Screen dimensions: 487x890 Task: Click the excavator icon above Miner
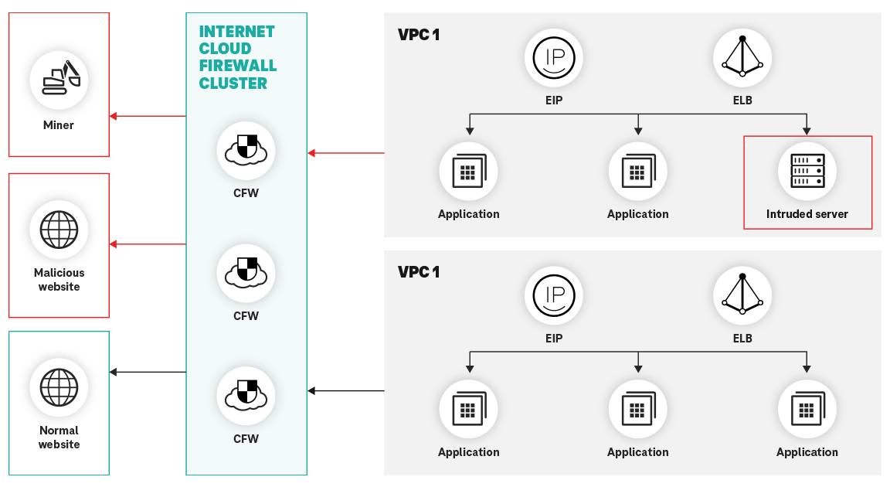pos(59,79)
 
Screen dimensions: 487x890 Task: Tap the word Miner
pos(59,125)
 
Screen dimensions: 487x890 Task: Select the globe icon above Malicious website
pos(59,230)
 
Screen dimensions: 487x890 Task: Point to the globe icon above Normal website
pos(59,387)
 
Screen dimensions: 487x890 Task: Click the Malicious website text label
pos(59,280)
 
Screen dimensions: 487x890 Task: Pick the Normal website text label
pos(59,438)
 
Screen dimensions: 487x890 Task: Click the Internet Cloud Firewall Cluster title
pos(237,58)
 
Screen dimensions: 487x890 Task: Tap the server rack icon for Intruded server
pos(807,172)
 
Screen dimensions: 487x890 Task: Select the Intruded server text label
pos(807,214)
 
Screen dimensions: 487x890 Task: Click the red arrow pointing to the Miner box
pos(148,116)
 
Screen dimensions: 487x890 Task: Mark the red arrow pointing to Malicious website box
pos(148,244)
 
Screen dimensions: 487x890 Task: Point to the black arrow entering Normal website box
pos(148,373)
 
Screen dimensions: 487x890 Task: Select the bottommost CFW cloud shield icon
pos(246,396)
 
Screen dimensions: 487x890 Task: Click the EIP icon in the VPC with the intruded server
pos(553,59)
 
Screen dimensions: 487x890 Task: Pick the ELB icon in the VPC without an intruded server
pos(742,296)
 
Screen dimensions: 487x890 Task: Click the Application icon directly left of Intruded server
pos(637,172)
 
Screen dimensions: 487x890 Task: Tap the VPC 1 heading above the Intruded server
pos(419,35)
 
